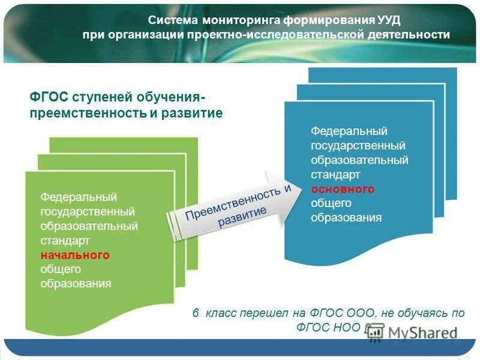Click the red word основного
click(x=343, y=189)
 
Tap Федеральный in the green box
click(x=78, y=197)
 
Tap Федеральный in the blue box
click(x=349, y=131)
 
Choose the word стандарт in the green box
click(x=65, y=241)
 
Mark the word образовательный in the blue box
click(x=359, y=160)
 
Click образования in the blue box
click(x=346, y=218)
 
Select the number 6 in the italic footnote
click(x=196, y=313)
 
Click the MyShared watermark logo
click(x=414, y=333)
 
